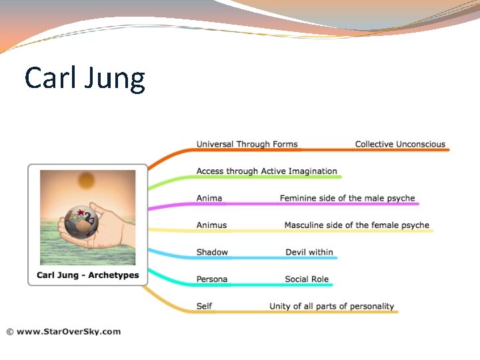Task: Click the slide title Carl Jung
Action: pyautogui.click(x=85, y=79)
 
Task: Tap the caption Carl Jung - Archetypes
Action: pyautogui.click(x=87, y=275)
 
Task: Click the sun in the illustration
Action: pyautogui.click(x=87, y=181)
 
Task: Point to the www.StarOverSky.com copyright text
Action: pyautogui.click(x=63, y=331)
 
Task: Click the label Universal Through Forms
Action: pyautogui.click(x=247, y=144)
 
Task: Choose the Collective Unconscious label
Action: pyautogui.click(x=400, y=144)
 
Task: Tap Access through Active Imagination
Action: pyautogui.click(x=267, y=171)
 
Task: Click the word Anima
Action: pyautogui.click(x=209, y=198)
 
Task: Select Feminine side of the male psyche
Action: pyautogui.click(x=347, y=198)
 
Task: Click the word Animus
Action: pyautogui.click(x=211, y=225)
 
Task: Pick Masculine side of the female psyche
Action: pyautogui.click(x=357, y=225)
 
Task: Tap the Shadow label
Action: pyautogui.click(x=212, y=252)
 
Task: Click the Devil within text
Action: pyautogui.click(x=309, y=252)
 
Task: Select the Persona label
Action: pyautogui.click(x=212, y=279)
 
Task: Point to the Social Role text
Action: pyautogui.click(x=307, y=279)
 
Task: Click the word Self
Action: pyautogui.click(x=204, y=306)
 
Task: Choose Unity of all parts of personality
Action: pyautogui.click(x=331, y=306)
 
